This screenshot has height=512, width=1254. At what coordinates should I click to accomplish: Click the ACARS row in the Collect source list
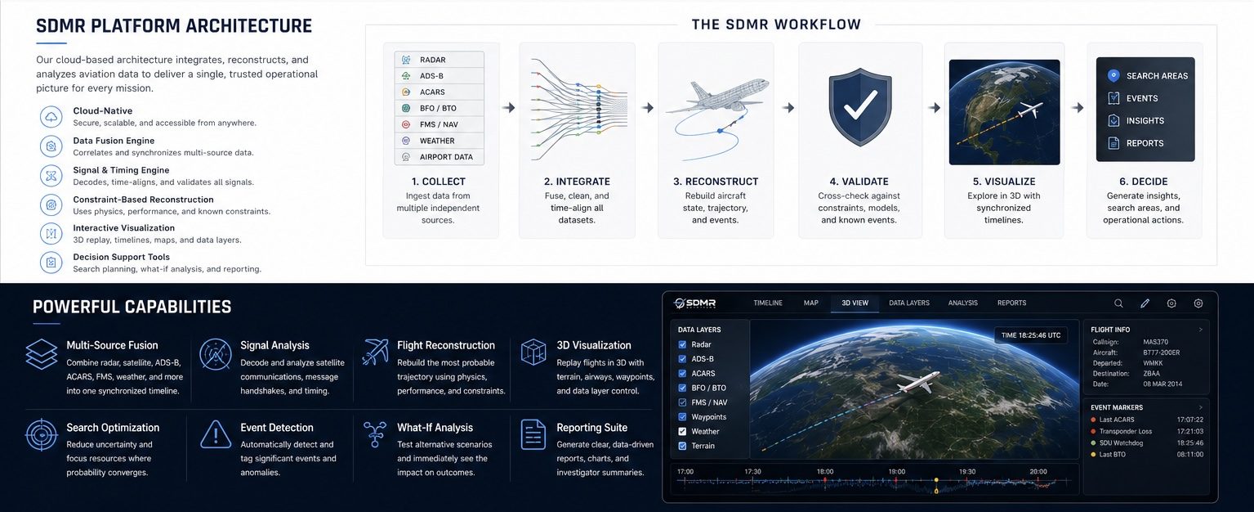click(x=439, y=92)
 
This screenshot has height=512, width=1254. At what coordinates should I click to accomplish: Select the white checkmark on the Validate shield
click(x=860, y=105)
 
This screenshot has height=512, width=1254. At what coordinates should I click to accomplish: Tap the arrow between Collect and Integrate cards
click(x=509, y=108)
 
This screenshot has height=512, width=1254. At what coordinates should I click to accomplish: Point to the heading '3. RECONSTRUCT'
click(x=716, y=182)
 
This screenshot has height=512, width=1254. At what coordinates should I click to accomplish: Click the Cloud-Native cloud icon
click(x=51, y=117)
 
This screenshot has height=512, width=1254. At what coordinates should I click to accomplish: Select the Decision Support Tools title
click(x=121, y=257)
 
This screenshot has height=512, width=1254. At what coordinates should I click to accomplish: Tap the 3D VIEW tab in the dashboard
click(x=855, y=303)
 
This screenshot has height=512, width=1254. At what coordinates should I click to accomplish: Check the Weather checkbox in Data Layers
click(x=682, y=431)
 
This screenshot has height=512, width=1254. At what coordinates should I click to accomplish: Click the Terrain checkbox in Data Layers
click(x=682, y=446)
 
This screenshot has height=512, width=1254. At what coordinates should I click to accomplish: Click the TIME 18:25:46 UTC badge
click(x=1031, y=335)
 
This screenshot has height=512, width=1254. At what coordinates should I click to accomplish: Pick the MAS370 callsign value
click(x=1155, y=342)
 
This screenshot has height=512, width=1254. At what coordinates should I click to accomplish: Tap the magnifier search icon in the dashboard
click(x=1118, y=303)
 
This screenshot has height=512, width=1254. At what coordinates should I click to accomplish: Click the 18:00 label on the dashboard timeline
click(x=825, y=472)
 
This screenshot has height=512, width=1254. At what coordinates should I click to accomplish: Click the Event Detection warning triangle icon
click(x=216, y=434)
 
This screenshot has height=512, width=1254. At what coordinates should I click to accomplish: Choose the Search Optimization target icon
click(x=42, y=434)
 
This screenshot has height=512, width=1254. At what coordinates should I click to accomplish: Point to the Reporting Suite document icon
click(x=533, y=434)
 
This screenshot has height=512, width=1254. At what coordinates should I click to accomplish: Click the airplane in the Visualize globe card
click(x=1029, y=110)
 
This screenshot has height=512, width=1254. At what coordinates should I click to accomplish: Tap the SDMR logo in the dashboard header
click(x=694, y=303)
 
